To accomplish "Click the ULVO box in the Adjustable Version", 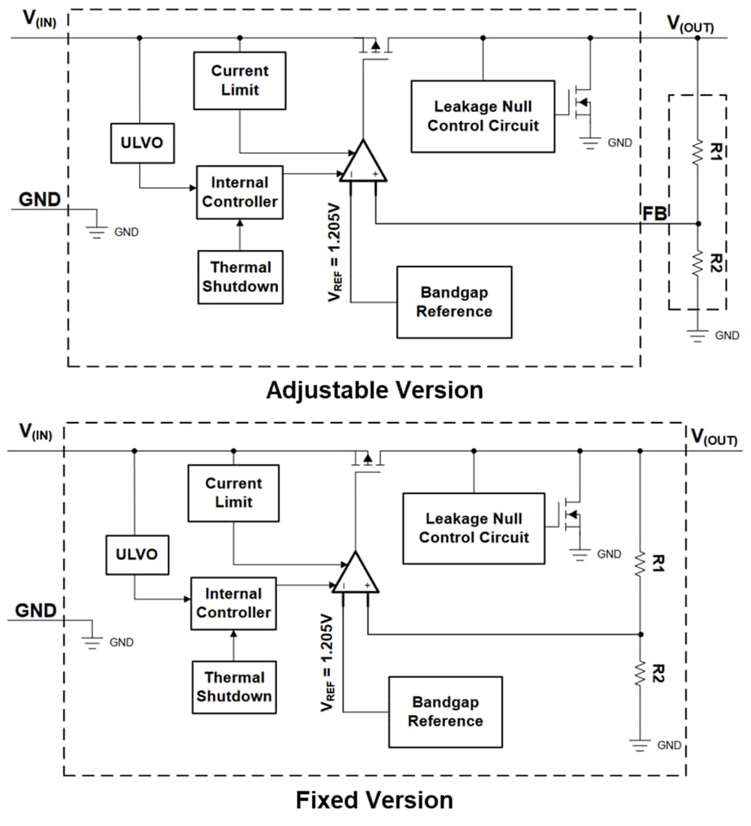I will coord(142,143).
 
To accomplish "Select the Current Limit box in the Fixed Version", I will coord(233,493).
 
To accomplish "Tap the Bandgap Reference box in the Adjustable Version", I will coord(454,302).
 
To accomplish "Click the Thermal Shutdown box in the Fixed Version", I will coord(234,687).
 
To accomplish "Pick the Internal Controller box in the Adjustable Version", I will coord(240,192).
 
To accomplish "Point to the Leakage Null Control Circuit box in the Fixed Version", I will coord(474,528).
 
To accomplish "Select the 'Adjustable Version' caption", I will coord(374,390).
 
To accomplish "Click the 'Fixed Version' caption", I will coord(374,800).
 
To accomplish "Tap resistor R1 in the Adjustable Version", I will coord(698,152).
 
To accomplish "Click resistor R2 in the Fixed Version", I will coord(640,674).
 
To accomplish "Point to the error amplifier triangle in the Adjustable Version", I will coord(363,163).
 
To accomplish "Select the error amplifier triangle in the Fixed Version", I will coord(356,574).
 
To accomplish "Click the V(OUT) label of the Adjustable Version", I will coord(690,24).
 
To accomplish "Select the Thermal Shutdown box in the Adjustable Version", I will coord(240,277).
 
